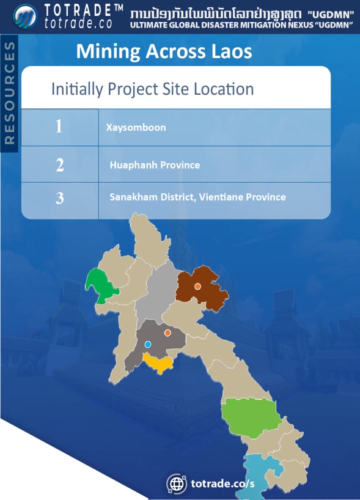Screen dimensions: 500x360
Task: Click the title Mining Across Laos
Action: click(164, 52)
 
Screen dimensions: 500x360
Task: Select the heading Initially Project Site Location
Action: click(152, 89)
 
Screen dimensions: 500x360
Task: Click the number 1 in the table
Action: click(59, 127)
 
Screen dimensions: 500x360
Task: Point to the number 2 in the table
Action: click(59, 164)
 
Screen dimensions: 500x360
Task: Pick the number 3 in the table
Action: click(59, 199)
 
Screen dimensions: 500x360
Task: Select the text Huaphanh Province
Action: click(155, 165)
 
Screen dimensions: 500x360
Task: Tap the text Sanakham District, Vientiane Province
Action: click(197, 197)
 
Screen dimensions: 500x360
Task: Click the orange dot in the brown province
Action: click(197, 286)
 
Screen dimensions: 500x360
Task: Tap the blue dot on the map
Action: click(147, 344)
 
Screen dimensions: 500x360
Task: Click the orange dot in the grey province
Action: click(167, 333)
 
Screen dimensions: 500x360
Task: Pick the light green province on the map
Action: click(249, 416)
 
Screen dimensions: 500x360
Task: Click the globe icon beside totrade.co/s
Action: click(177, 483)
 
